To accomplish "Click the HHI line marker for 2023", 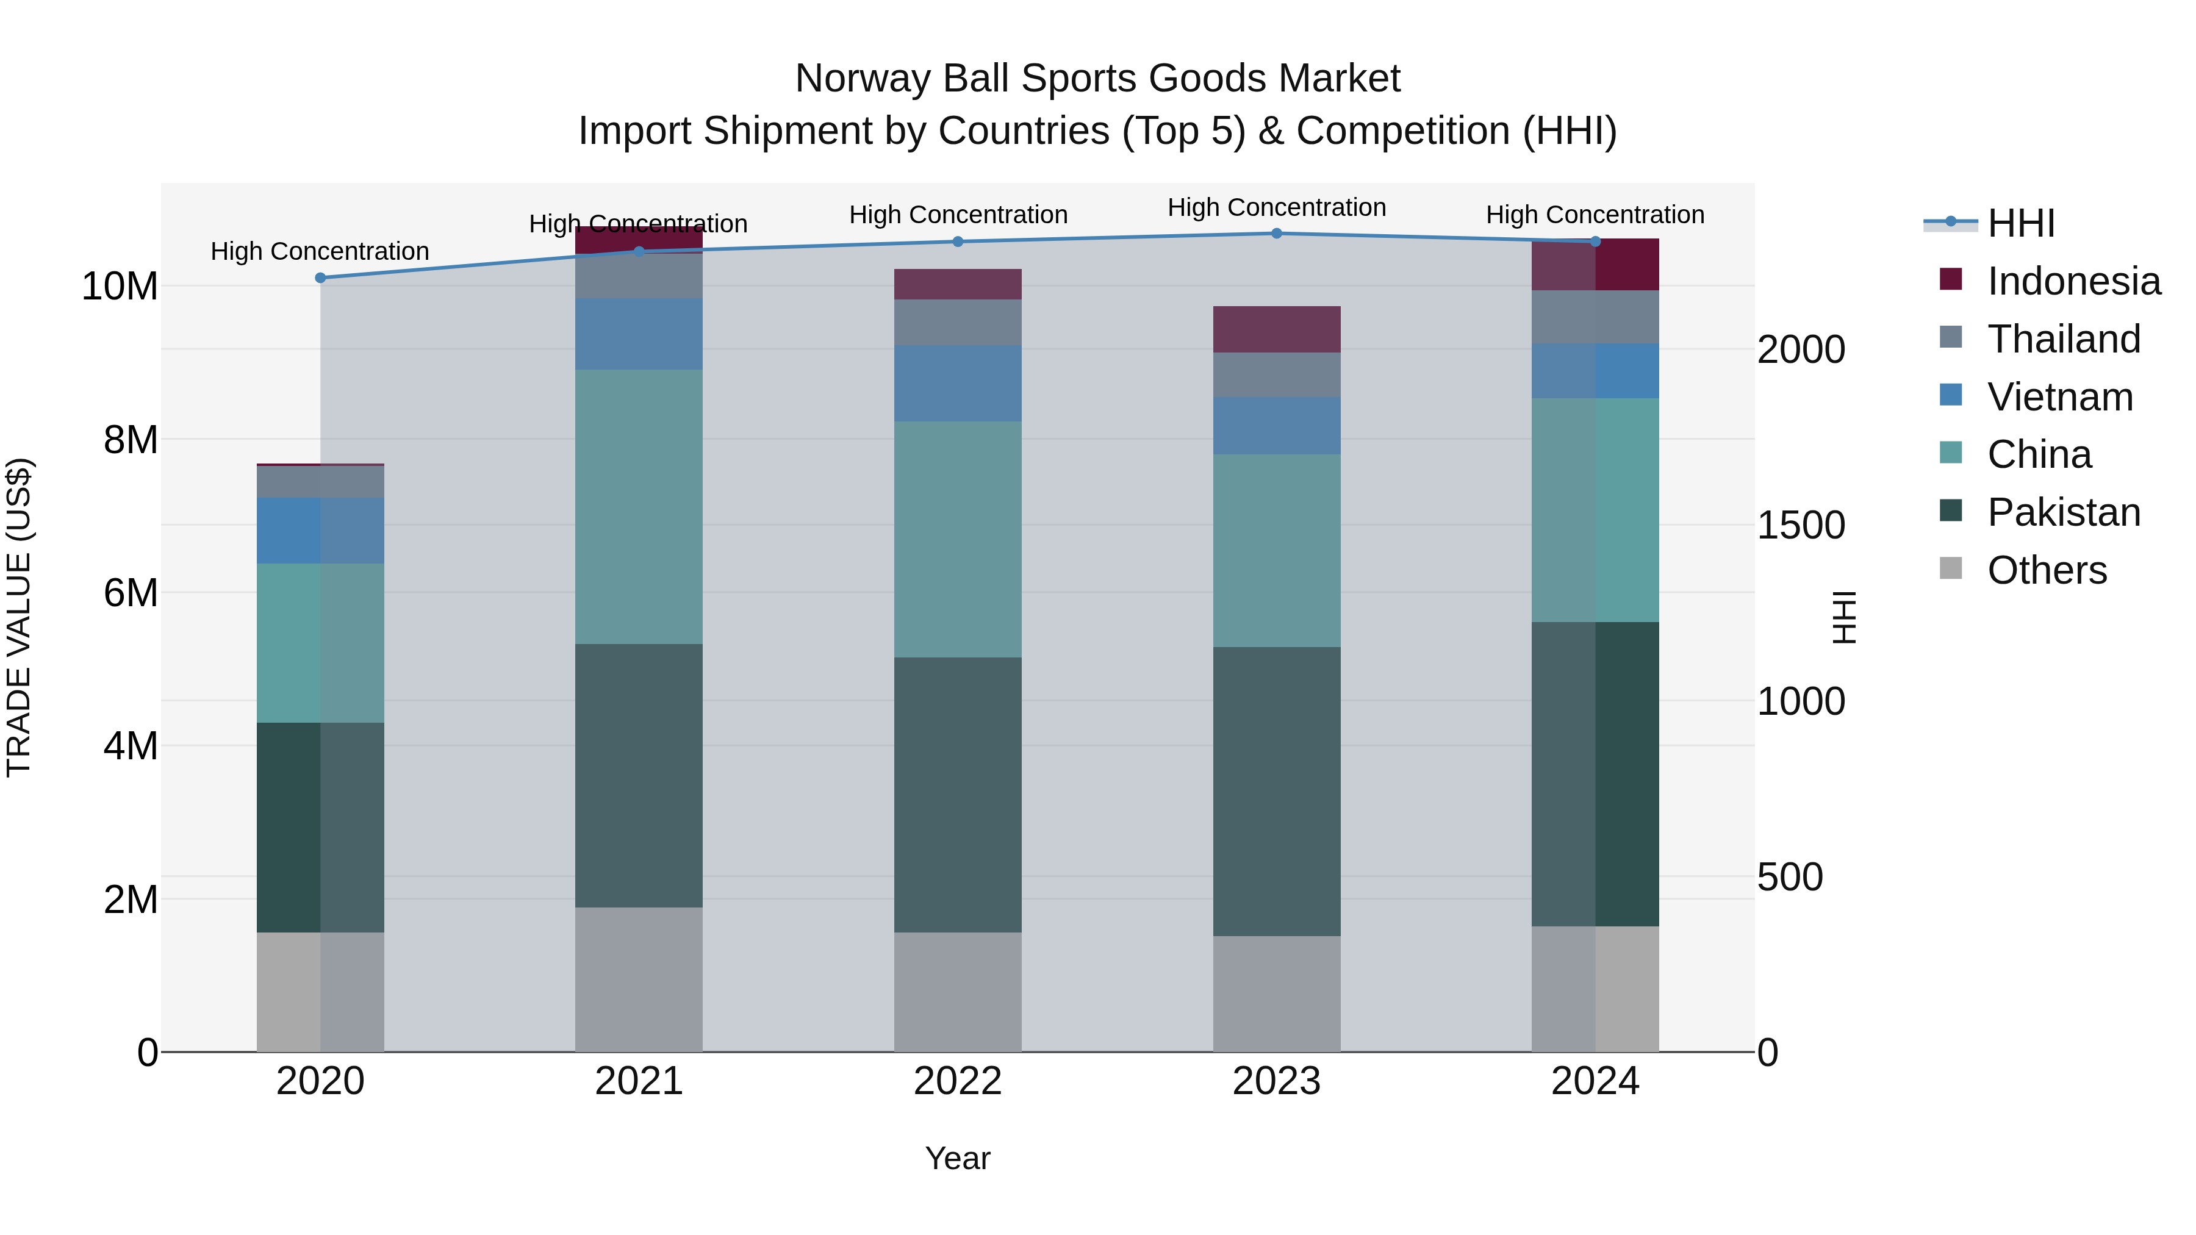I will [x=1276, y=234].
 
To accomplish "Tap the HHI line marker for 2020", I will [x=320, y=278].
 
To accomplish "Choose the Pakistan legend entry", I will [x=2062, y=512].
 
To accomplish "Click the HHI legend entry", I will [x=2020, y=223].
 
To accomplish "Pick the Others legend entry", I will [x=2045, y=570].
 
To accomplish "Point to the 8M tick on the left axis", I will [x=131, y=440].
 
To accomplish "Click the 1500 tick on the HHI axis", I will [x=1801, y=525].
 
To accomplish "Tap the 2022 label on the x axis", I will [x=957, y=1081].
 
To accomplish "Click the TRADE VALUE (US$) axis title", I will [x=20, y=617].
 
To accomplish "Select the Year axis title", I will [x=957, y=1158].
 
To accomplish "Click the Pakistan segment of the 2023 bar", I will [x=1276, y=791].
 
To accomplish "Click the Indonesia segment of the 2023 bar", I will [x=1276, y=329].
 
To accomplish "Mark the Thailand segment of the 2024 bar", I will [x=1595, y=317].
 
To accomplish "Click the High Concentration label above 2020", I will [x=320, y=251].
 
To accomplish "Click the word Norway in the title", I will [x=863, y=79].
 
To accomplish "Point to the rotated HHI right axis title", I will [x=1844, y=617].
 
